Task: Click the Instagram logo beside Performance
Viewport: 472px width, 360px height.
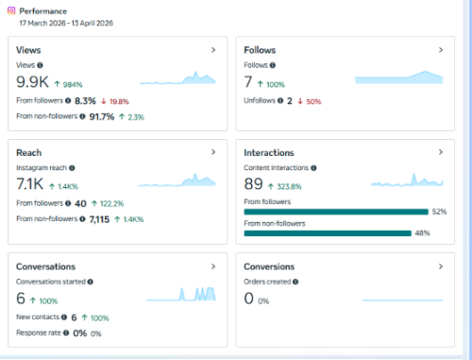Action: [x=11, y=10]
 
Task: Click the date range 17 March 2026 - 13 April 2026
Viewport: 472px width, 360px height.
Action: [x=66, y=23]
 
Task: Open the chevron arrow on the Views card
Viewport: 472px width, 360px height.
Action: [x=213, y=50]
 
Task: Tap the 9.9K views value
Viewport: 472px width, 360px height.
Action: [x=32, y=82]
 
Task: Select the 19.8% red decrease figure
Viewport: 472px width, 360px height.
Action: [x=119, y=101]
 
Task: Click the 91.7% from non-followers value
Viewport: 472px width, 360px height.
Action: [x=102, y=117]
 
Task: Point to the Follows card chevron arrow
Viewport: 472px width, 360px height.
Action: [x=441, y=50]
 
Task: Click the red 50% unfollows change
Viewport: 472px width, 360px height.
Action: [x=313, y=101]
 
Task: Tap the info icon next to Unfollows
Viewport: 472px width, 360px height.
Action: [x=280, y=100]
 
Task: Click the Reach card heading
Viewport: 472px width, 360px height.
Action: [x=29, y=153]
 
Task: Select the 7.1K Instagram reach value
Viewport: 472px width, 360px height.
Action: [x=30, y=184]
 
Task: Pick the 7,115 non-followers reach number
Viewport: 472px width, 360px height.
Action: [x=99, y=219]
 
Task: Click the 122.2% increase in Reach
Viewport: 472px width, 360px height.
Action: [x=111, y=204]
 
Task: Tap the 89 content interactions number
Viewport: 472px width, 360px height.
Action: [x=253, y=184]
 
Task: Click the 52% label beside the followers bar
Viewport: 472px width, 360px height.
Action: [x=439, y=212]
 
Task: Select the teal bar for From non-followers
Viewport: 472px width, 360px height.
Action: [x=328, y=233]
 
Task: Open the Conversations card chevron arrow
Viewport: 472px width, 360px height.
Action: [x=213, y=266]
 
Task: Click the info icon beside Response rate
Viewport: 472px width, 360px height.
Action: [x=66, y=333]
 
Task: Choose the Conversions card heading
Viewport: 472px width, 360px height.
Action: [x=269, y=266]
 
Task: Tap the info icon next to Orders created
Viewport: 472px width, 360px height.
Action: [x=295, y=282]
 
